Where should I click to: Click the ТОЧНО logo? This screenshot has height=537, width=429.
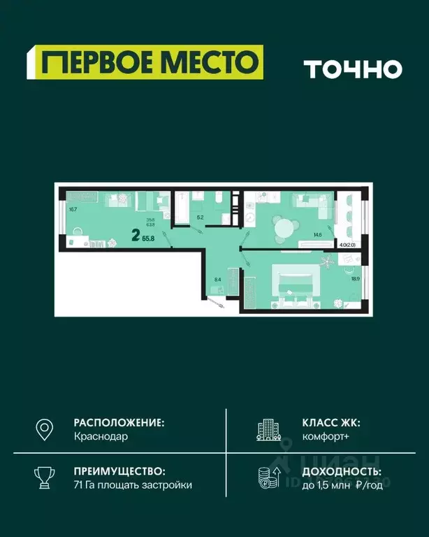tap(353, 69)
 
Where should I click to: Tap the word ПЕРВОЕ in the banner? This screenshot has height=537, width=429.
tap(96, 63)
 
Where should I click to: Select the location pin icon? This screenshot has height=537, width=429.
tap(45, 429)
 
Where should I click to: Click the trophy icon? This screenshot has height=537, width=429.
tap(45, 478)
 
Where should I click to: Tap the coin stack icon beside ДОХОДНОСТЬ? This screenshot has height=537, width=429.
tap(268, 478)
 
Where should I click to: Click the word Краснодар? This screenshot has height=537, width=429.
tap(101, 436)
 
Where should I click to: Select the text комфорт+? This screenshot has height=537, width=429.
tap(325, 436)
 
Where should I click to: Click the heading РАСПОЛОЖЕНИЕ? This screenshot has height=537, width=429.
tap(119, 422)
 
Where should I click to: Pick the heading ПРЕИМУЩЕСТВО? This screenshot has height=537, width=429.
tap(119, 471)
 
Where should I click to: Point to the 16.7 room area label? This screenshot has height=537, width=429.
tap(73, 208)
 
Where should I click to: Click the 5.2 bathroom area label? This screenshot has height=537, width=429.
tap(200, 218)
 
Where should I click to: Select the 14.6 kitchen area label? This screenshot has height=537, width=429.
tap(318, 235)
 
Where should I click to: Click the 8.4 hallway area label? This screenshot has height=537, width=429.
tap(218, 280)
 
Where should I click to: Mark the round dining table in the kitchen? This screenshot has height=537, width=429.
tap(284, 228)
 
